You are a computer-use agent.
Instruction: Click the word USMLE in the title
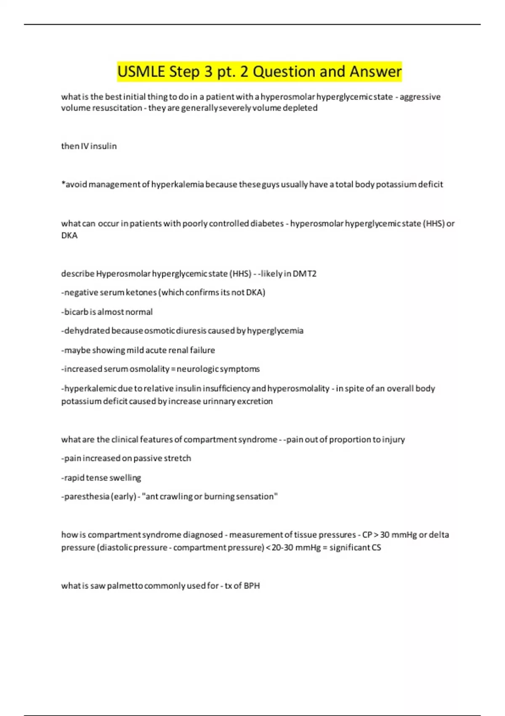[x=141, y=72]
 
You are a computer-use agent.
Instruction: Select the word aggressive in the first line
[x=420, y=97]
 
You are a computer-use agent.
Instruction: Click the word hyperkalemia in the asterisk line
[x=178, y=184]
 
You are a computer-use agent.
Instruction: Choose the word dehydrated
[x=86, y=331]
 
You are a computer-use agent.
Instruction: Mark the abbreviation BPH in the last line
[x=252, y=586]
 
